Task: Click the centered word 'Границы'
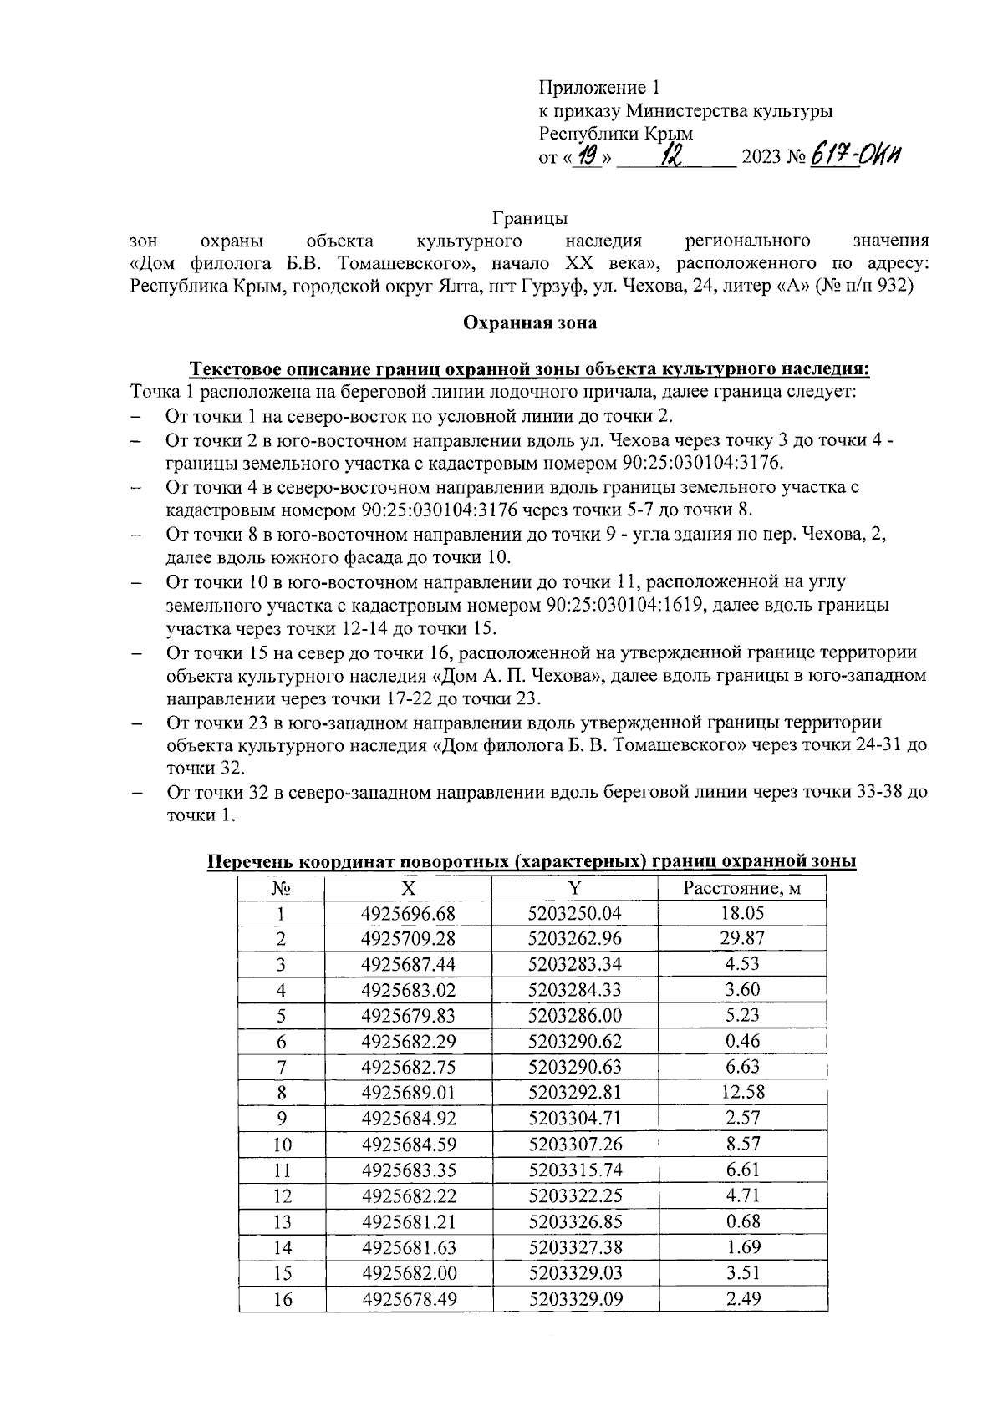530,219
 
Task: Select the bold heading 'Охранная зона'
530,323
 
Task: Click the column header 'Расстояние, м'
741,888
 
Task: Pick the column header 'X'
408,888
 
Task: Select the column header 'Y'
575,888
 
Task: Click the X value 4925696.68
408,914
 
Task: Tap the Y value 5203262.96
575,939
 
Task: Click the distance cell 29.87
741,939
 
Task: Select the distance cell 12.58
741,1093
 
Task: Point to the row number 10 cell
282,1145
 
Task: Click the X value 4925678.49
408,1299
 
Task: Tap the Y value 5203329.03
575,1273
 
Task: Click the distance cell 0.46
741,1042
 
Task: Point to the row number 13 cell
282,1222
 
